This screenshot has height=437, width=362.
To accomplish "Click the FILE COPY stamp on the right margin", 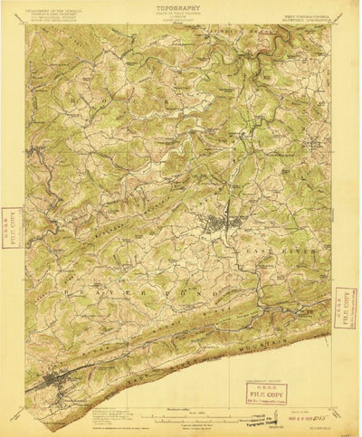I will click(345, 310).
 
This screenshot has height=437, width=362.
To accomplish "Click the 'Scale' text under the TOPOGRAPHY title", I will click(180, 24).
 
